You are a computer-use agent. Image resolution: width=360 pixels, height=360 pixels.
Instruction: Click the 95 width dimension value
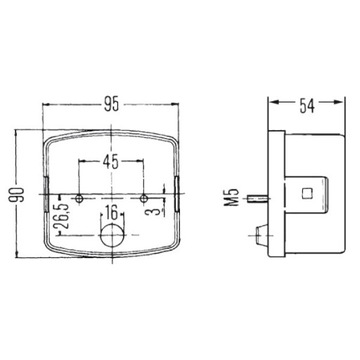111,105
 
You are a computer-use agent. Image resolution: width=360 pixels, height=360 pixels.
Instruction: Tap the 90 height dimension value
17,195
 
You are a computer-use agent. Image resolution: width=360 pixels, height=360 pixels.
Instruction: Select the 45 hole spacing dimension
110,162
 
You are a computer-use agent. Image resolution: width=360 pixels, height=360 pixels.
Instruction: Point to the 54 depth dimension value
307,106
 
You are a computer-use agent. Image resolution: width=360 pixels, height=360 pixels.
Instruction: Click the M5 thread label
235,198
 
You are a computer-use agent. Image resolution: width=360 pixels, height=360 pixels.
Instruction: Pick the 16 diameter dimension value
112,212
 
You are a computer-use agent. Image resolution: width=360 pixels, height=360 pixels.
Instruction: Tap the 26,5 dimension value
64,217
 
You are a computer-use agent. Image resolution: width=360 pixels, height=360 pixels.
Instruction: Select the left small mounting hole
79,199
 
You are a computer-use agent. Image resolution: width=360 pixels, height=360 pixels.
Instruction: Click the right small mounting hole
144,199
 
